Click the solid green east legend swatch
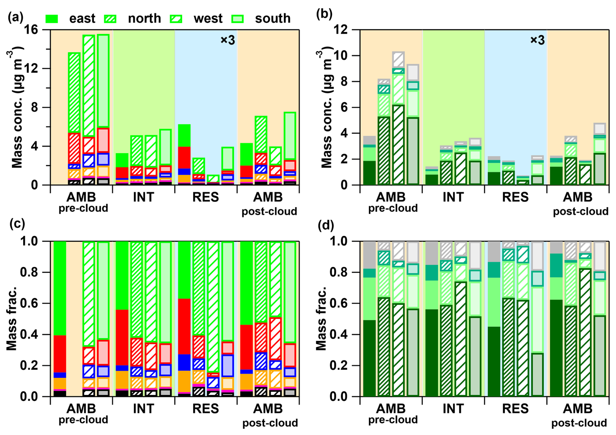pyautogui.click(x=51, y=19)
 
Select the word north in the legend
pyautogui.click(x=144, y=19)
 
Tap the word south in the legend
pyautogui.click(x=273, y=19)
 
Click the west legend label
pyautogui.click(x=208, y=19)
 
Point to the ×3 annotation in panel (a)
pyautogui.click(x=228, y=40)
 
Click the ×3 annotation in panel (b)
pyautogui.click(x=537, y=40)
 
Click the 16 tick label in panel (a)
pyautogui.click(x=31, y=30)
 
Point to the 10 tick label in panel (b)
pyautogui.click(x=341, y=56)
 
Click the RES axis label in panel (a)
pyautogui.click(x=205, y=197)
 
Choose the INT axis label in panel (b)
pyautogui.click(x=453, y=197)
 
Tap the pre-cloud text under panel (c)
pyautogui.click(x=83, y=419)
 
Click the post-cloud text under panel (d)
pyautogui.click(x=579, y=423)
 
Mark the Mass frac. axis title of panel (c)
pyautogui.click(x=12, y=319)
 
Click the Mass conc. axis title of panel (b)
pyautogui.click(x=326, y=107)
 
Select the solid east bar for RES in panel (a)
pyautogui.click(x=184, y=154)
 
